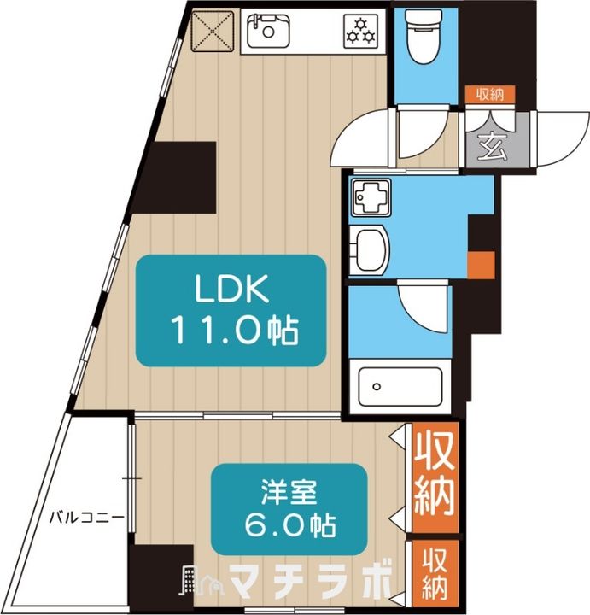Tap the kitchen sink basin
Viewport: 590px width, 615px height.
pyautogui.click(x=269, y=31)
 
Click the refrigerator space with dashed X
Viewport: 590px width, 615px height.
pyautogui.click(x=213, y=31)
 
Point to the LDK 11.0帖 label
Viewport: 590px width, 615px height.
pyautogui.click(x=231, y=311)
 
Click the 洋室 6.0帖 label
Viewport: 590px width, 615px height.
pyautogui.click(x=289, y=508)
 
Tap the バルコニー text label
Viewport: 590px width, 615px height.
pyautogui.click(x=87, y=518)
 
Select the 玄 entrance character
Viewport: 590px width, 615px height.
pyautogui.click(x=493, y=146)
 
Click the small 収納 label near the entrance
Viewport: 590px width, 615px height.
pyautogui.click(x=490, y=95)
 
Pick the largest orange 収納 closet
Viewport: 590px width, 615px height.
pyautogui.click(x=435, y=477)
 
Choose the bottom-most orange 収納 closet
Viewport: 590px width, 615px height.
pyautogui.click(x=435, y=573)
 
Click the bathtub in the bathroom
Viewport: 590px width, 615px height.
pyautogui.click(x=400, y=387)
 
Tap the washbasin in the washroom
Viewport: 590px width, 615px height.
pyautogui.click(x=369, y=249)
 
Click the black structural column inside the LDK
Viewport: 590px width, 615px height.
pyautogui.click(x=173, y=178)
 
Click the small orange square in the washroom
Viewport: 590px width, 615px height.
pyautogui.click(x=481, y=265)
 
